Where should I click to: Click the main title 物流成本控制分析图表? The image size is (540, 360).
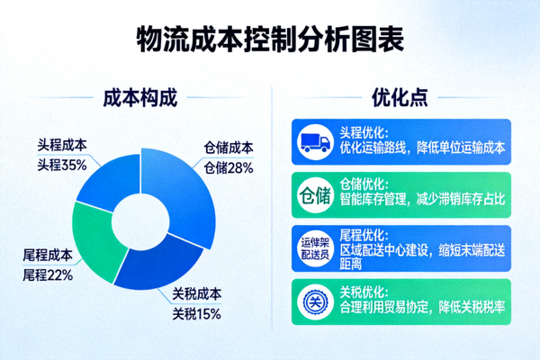click(270, 40)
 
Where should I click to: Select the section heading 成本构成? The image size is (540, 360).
click(137, 96)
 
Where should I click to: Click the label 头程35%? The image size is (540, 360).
click(61, 165)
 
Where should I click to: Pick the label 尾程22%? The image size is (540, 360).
click(47, 274)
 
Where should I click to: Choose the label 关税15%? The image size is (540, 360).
click(197, 314)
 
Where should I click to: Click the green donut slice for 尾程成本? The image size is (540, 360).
click(94, 238)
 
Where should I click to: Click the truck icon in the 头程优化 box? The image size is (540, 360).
click(314, 140)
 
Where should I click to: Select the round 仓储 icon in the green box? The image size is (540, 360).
click(314, 193)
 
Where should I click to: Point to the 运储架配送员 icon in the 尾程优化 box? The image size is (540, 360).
click(314, 245)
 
